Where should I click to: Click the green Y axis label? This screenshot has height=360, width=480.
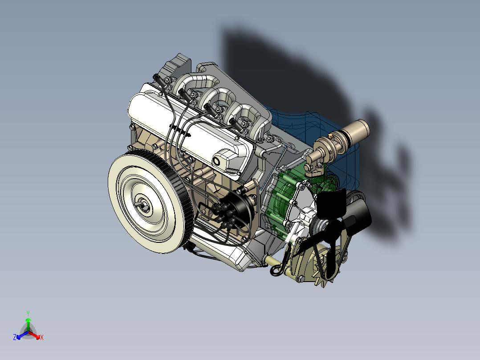(28, 313)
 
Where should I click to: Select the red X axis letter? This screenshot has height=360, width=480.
(41, 338)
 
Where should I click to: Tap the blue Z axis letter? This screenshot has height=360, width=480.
(15, 338)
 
